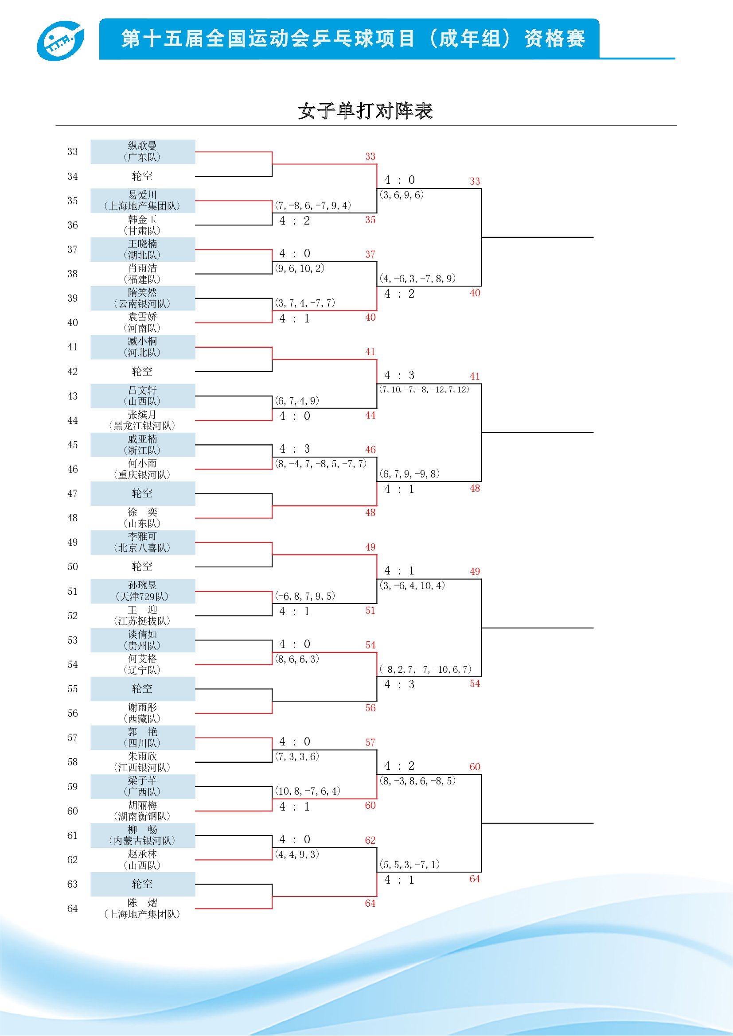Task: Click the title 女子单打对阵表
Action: pos(365,111)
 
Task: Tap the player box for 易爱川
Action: pos(143,200)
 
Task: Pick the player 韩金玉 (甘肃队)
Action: pos(143,225)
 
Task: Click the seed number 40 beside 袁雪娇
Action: pos(72,322)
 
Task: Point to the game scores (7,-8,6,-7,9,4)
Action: pos(313,206)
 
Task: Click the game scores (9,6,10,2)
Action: pos(300,268)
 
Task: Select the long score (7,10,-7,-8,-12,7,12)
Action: pos(424,389)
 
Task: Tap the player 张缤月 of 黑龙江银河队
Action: pos(143,420)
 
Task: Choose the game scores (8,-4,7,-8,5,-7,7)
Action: pos(320,463)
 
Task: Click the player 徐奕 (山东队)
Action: pos(143,517)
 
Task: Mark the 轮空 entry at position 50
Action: pos(143,567)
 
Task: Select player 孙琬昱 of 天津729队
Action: pos(143,591)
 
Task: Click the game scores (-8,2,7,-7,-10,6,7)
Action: pos(425,669)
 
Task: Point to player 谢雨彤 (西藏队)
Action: pos(143,713)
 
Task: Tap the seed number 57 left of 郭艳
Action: pos(72,737)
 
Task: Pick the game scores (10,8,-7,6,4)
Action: pos(308,791)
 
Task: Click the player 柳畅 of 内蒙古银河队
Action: pos(143,835)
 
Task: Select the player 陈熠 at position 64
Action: pos(143,908)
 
